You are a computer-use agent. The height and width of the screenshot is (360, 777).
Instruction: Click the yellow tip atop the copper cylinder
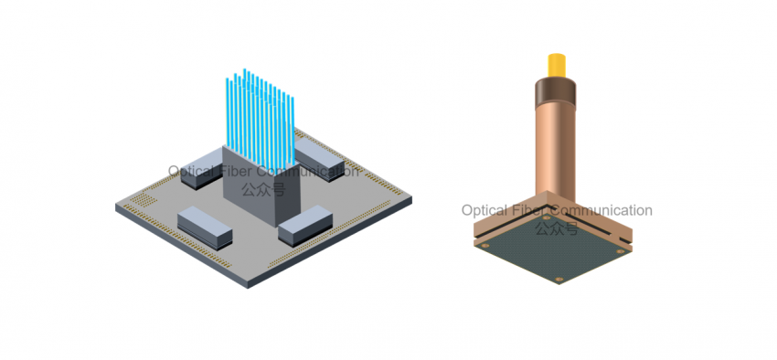click(557, 65)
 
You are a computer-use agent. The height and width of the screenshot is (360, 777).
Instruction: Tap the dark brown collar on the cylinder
click(555, 93)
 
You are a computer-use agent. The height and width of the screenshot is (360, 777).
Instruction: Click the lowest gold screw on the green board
click(559, 280)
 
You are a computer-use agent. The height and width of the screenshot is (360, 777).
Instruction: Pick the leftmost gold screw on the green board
click(485, 245)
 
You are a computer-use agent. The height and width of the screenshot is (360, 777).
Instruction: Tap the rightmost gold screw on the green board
click(620, 251)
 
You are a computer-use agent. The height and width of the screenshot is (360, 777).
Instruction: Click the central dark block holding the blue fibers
click(261, 185)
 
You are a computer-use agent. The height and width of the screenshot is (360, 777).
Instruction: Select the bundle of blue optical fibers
click(261, 119)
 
